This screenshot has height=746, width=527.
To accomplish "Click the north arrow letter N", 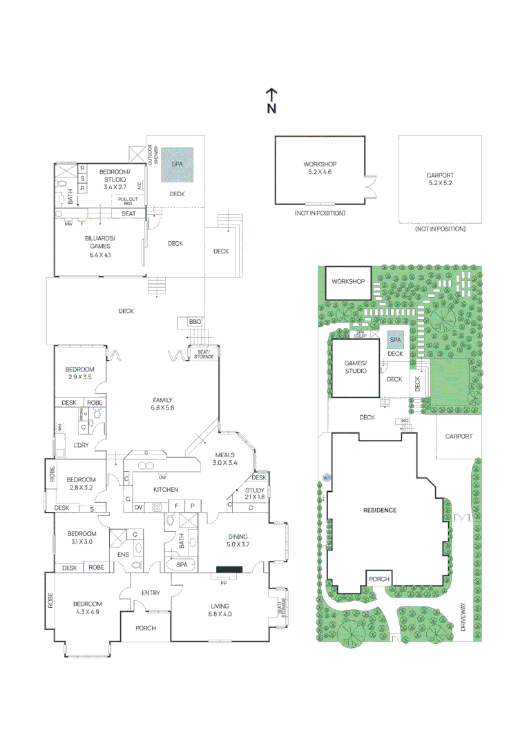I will (x=272, y=108).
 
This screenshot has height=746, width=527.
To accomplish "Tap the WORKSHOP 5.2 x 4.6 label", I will (x=320, y=168).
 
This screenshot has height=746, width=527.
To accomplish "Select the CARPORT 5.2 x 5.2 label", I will (x=440, y=179).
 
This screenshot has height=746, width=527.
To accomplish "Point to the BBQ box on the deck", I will (x=194, y=322).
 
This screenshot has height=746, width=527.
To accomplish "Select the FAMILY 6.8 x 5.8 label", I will (x=162, y=404).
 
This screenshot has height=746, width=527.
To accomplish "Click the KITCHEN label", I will (x=165, y=489).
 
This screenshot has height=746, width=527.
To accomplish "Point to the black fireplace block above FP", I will (x=229, y=569).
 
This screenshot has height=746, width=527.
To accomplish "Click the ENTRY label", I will (x=151, y=593).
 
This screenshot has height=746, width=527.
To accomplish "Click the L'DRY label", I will (x=82, y=444).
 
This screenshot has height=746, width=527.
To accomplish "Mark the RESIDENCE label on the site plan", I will (x=380, y=510).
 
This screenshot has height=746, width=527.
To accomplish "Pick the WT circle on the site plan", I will (x=325, y=477).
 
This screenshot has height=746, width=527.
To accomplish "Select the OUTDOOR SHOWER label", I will (x=151, y=155).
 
